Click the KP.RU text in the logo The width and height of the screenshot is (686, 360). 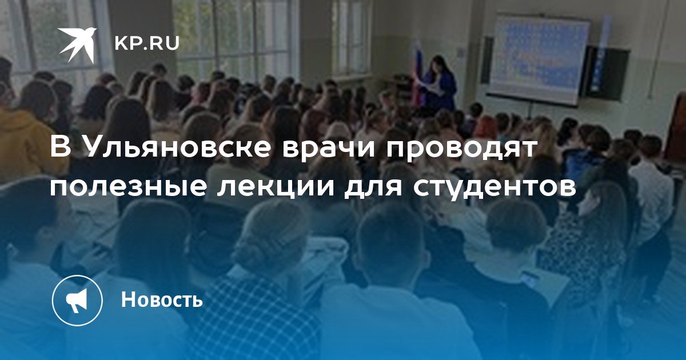pos(147,43)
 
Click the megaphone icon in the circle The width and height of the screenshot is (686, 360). pos(77,301)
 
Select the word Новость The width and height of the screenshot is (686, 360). pos(162,299)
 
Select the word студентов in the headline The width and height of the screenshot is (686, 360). pos(494,187)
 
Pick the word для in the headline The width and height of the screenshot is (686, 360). pos(373,187)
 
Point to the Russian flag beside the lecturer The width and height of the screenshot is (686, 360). pos(417,74)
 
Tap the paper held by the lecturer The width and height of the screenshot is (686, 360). pos(434,87)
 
